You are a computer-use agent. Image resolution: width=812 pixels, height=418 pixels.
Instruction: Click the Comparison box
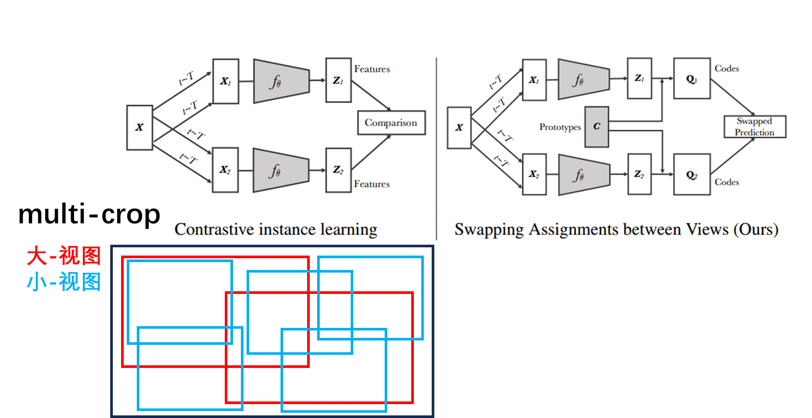coord(391,123)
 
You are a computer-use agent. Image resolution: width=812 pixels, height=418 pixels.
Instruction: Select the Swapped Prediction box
coord(755,127)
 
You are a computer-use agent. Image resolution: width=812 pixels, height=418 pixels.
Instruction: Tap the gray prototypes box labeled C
coord(597,127)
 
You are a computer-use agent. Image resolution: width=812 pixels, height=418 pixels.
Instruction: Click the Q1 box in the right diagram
coord(692,79)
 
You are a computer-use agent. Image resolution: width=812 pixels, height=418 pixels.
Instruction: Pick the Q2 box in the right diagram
coord(692,175)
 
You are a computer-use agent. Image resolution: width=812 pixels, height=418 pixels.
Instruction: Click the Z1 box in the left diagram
coord(338,81)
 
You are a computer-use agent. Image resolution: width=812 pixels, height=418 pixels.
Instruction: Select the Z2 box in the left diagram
coord(338,170)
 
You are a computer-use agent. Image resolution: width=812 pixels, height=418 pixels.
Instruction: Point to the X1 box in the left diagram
coord(226,81)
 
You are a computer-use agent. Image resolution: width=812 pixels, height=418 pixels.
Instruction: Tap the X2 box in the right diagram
coord(534,174)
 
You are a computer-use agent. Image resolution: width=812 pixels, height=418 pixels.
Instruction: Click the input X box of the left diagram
coord(139,128)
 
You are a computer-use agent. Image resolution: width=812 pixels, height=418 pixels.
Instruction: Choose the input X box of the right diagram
coord(459,128)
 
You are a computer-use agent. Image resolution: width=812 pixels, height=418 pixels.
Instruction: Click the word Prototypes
coord(560,127)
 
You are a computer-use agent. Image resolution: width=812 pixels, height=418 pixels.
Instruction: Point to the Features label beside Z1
coord(372,69)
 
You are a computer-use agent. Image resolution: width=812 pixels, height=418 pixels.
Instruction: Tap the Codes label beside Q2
coord(727,182)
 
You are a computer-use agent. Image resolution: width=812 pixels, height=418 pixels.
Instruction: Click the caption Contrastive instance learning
coord(276,229)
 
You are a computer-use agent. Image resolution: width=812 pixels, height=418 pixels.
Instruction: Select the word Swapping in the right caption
coord(489,229)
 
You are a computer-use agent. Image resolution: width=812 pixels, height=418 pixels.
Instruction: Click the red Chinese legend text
coord(64,256)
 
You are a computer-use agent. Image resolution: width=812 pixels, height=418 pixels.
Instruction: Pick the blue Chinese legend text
coord(64,282)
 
